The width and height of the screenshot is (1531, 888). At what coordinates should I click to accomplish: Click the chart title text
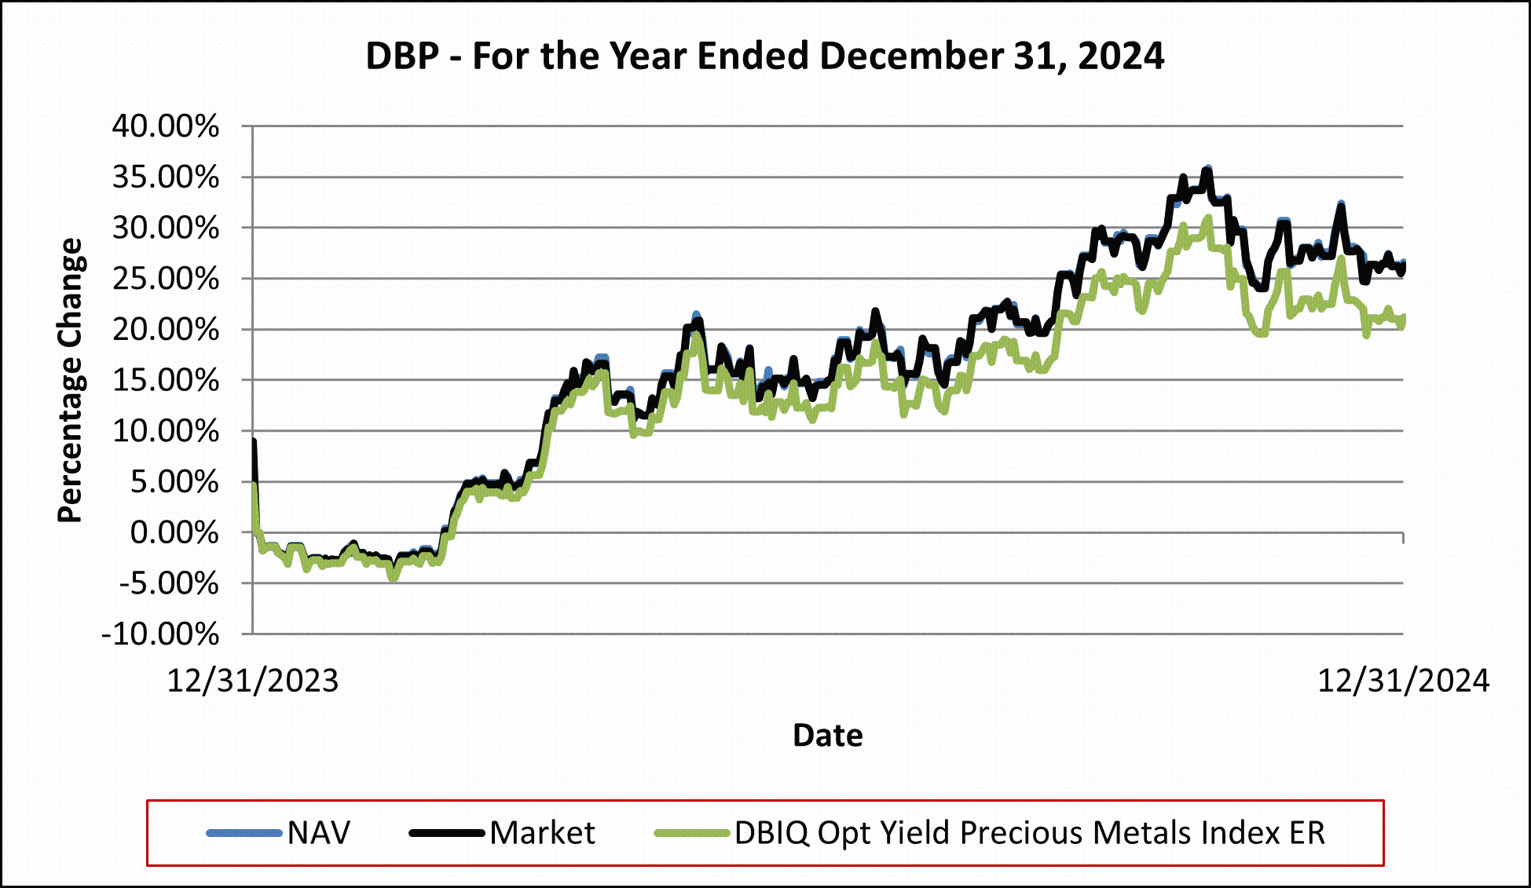[764, 57]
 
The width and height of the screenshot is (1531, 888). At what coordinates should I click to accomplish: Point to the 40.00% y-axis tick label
[166, 126]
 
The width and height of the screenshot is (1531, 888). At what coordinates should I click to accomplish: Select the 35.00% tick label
[166, 177]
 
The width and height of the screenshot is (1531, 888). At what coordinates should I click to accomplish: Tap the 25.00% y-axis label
[166, 279]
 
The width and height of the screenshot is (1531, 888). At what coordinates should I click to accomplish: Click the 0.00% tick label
[174, 532]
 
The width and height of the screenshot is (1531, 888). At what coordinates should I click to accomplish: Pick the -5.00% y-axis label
[169, 583]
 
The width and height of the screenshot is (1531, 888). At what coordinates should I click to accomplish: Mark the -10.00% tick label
[160, 634]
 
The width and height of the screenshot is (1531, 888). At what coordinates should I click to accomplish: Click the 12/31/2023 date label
[253, 681]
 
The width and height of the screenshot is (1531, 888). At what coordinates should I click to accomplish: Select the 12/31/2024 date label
[1403, 681]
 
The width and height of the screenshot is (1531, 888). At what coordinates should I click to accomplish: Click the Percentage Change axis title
[70, 380]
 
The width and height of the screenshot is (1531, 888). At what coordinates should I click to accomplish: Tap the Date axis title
[827, 736]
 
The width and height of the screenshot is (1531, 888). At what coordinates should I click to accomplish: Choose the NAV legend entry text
[319, 833]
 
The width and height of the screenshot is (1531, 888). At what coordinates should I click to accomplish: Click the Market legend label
[542, 833]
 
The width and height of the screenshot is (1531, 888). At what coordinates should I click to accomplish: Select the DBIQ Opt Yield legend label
[1029, 833]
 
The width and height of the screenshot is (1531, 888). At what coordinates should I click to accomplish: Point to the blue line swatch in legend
[244, 833]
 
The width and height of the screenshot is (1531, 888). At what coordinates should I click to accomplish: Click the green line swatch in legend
[692, 833]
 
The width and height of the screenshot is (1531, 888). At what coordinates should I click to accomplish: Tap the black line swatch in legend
[446, 833]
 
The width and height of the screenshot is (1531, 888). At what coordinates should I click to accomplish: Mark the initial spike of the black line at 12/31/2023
[254, 442]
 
